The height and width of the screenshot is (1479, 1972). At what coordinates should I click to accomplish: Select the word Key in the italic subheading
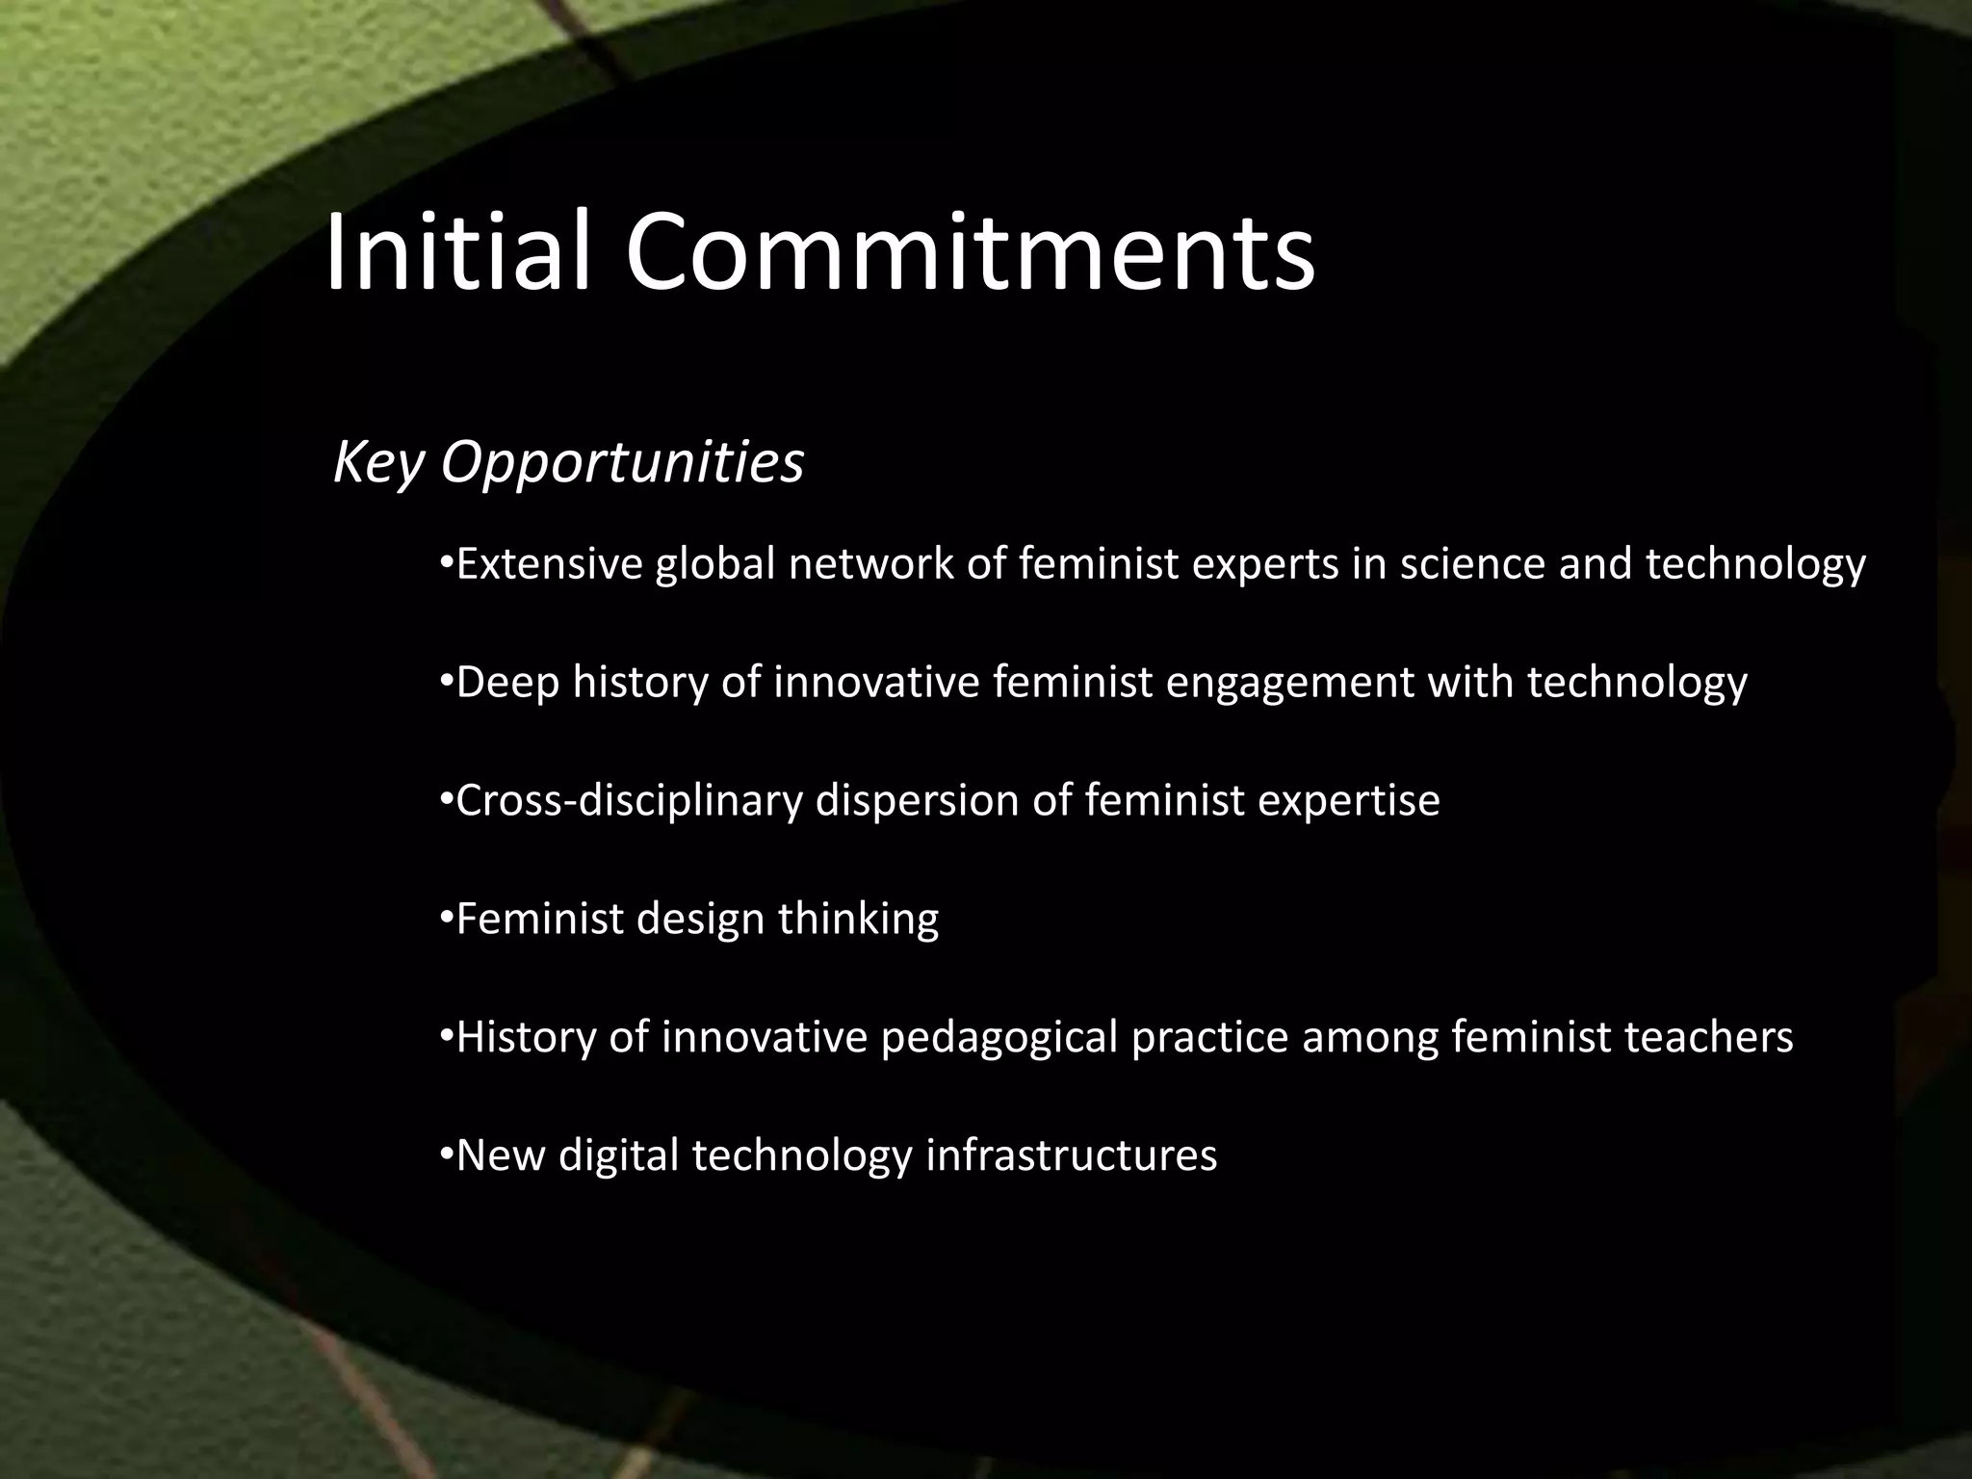pos(377,464)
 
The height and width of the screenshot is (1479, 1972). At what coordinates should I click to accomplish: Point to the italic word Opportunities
pos(621,464)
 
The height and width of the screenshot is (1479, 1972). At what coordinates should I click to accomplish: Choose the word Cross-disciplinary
pos(629,801)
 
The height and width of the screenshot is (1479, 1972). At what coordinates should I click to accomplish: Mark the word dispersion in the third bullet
pos(918,801)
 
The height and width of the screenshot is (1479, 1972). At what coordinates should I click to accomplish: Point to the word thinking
pos(858,920)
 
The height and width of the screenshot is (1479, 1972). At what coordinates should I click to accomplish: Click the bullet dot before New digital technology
pos(445,1153)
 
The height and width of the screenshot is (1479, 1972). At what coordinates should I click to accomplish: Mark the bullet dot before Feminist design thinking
pos(445,916)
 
